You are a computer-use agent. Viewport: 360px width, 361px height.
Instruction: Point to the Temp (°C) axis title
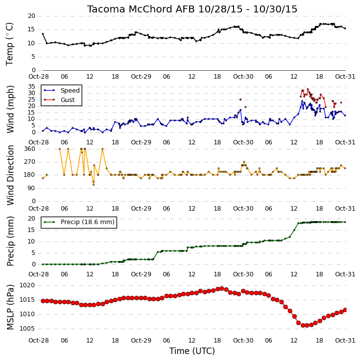click(9, 44)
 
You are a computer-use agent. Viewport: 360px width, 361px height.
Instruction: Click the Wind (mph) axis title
click(10, 110)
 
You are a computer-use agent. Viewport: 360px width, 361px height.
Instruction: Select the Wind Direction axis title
click(10, 175)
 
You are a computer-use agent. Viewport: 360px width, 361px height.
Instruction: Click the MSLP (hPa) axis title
click(10, 307)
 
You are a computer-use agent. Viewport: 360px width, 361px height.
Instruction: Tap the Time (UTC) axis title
click(192, 351)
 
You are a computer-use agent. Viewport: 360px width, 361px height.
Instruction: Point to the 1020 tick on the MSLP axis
click(27, 285)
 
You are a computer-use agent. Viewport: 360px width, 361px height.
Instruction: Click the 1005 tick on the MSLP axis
click(27, 329)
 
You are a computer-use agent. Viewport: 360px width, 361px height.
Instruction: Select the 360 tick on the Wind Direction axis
click(30, 149)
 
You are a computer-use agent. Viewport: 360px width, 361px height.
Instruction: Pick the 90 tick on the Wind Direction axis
click(31, 188)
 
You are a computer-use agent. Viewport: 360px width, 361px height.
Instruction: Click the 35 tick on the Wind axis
click(31, 87)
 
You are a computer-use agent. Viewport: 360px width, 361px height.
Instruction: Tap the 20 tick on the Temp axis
click(31, 16)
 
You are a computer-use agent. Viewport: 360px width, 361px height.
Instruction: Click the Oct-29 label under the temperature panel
click(141, 77)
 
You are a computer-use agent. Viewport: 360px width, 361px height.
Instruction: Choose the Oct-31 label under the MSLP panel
click(345, 341)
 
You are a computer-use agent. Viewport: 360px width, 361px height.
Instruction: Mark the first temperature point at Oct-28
click(43, 34)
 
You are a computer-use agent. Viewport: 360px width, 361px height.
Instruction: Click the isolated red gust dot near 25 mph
click(240, 100)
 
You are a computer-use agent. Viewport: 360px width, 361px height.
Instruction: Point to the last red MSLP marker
click(345, 310)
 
